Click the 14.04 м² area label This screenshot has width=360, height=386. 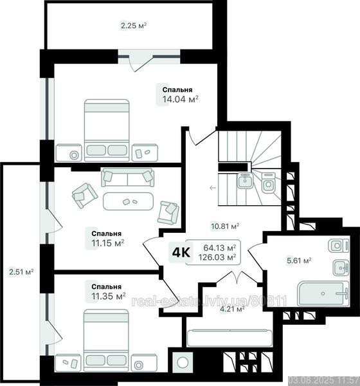point(180,99)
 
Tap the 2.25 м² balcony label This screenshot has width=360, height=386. point(134,26)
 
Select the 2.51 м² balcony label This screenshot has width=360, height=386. point(21,271)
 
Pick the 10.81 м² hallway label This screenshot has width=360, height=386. point(226,226)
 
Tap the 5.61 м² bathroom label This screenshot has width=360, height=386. point(299,261)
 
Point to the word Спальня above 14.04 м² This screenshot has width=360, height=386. point(175,89)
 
